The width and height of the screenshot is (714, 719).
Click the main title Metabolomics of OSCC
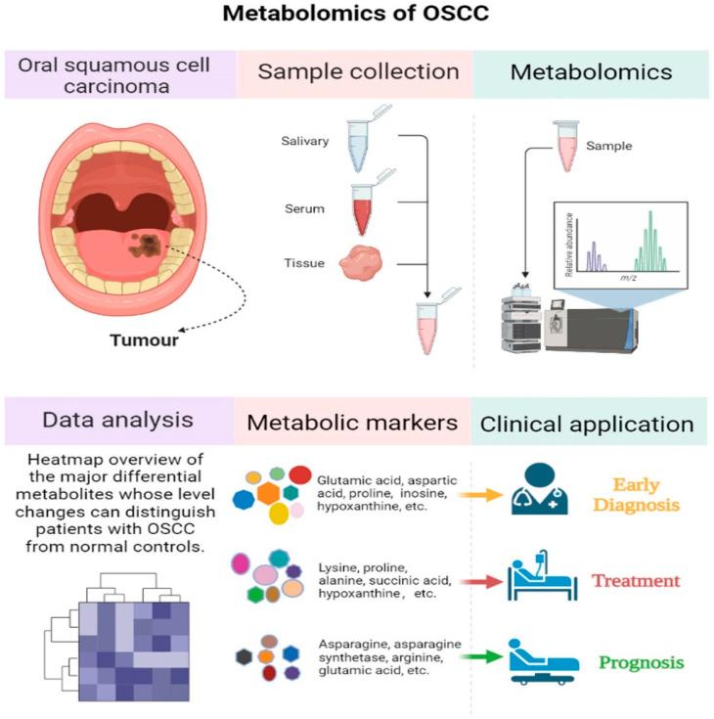click(356, 16)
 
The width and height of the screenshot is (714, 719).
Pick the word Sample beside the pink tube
click(609, 147)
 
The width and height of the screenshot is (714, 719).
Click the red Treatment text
click(635, 581)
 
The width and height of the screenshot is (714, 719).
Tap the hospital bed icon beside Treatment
click(535, 579)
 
